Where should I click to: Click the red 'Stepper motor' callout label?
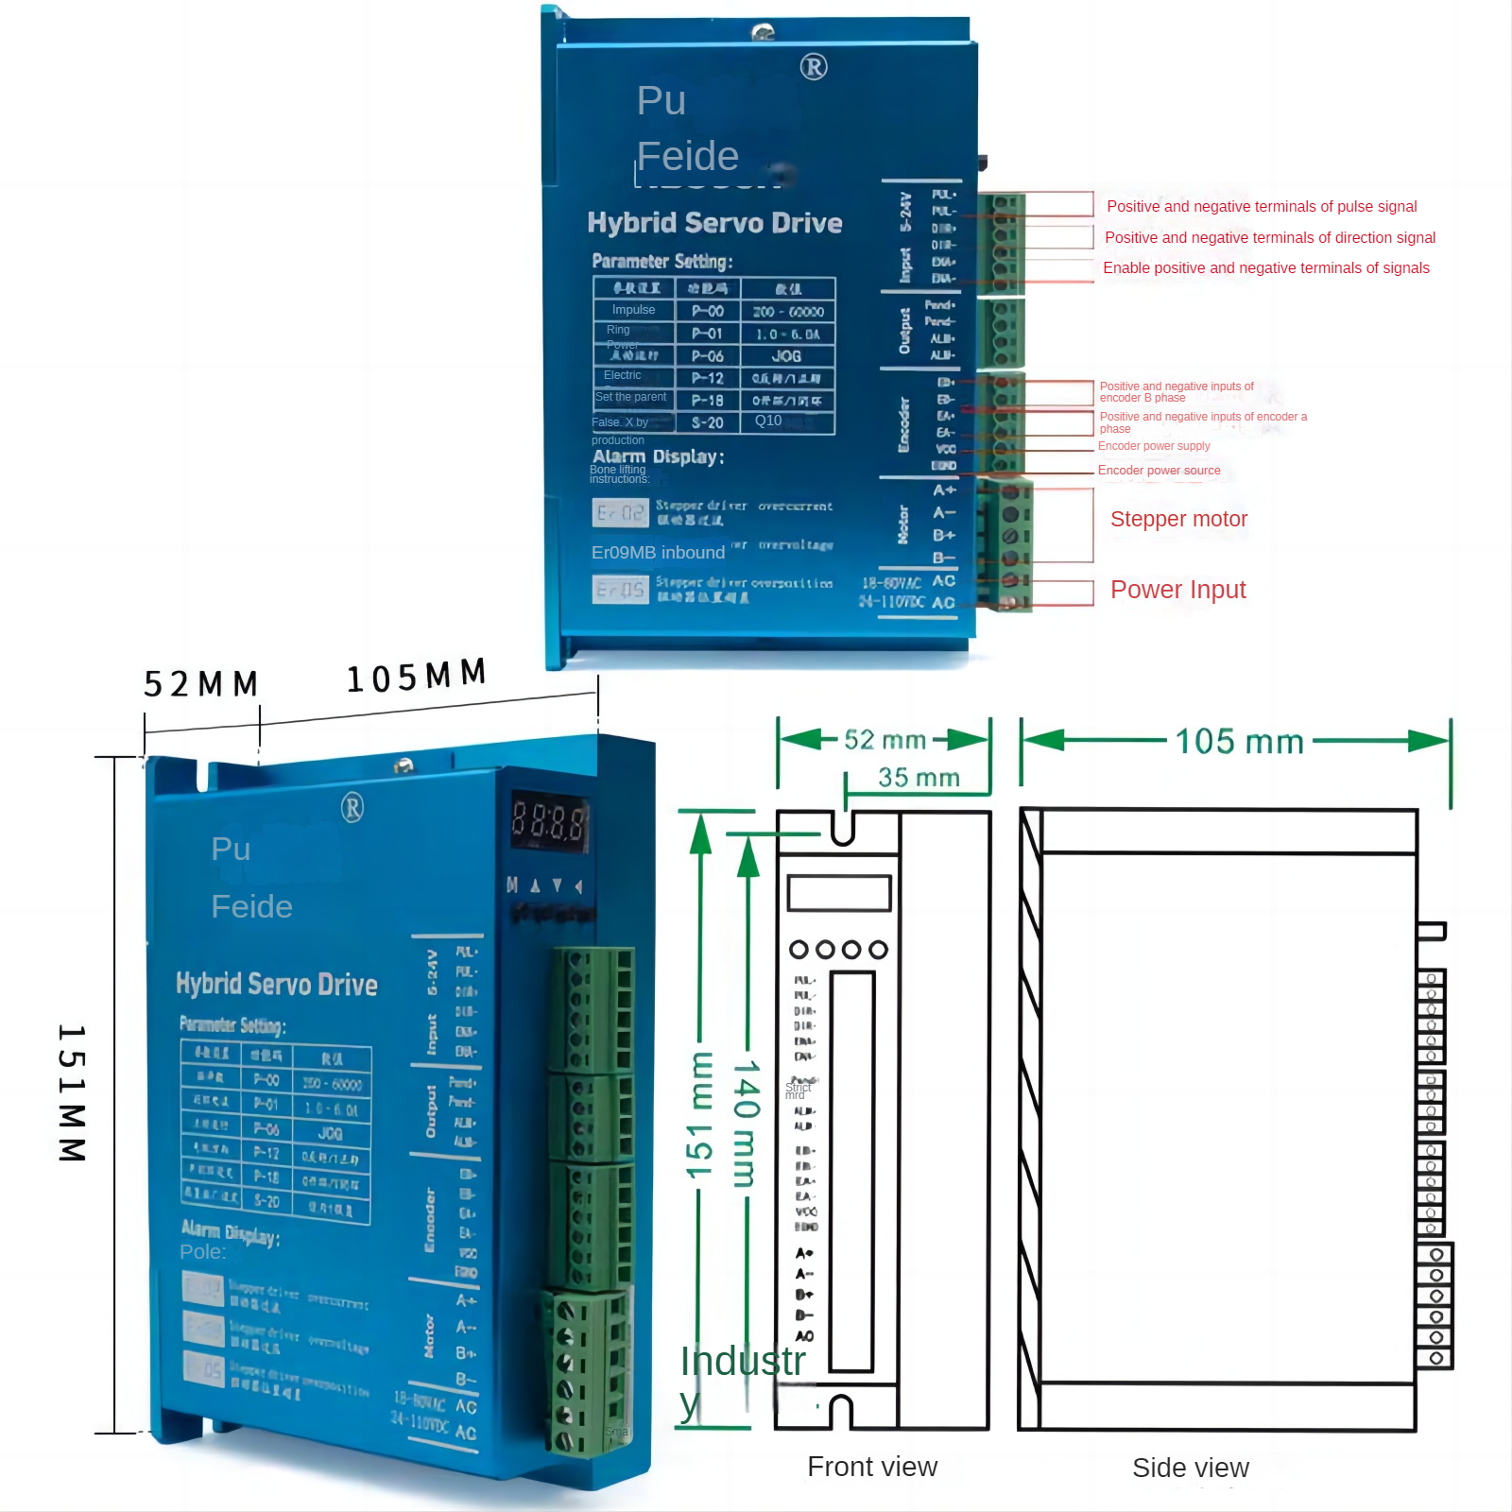pos(1178,519)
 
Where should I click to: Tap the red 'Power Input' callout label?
pos(1177,590)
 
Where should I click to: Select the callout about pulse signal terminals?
pos(1261,206)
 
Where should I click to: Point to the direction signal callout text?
pos(1269,237)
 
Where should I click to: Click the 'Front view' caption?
pos(871,1466)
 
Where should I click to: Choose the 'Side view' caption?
pos(1190,1468)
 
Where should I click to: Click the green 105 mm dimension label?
pos(1239,742)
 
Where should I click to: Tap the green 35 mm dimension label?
pos(918,778)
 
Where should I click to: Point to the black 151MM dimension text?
pos(73,1093)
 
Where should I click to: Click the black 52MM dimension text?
pos(200,683)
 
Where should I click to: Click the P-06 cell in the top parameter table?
pos(707,356)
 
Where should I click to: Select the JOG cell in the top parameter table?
pos(786,356)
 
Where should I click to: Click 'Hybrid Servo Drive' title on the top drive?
pos(713,223)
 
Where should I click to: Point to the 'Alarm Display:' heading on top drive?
pos(658,456)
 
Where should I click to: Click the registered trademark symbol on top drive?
pos(814,67)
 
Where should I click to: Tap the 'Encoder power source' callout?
pos(1159,471)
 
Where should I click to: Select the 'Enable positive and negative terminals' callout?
pos(1265,268)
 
